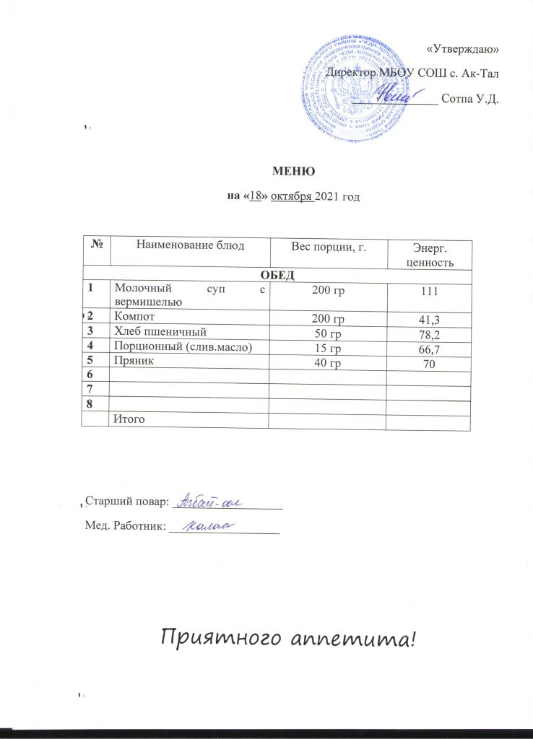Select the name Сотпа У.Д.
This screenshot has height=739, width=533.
coord(470,97)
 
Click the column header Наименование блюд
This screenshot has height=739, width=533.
coord(188,247)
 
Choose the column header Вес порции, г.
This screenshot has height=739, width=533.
coord(324,248)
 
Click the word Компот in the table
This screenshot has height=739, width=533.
coord(135,316)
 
